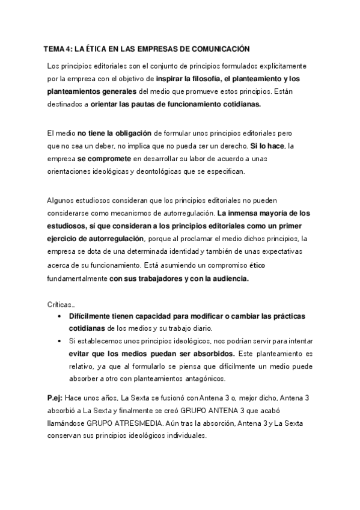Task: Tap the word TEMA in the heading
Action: [54, 49]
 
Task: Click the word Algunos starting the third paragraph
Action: [61, 200]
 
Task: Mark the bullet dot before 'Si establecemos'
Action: [58, 340]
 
